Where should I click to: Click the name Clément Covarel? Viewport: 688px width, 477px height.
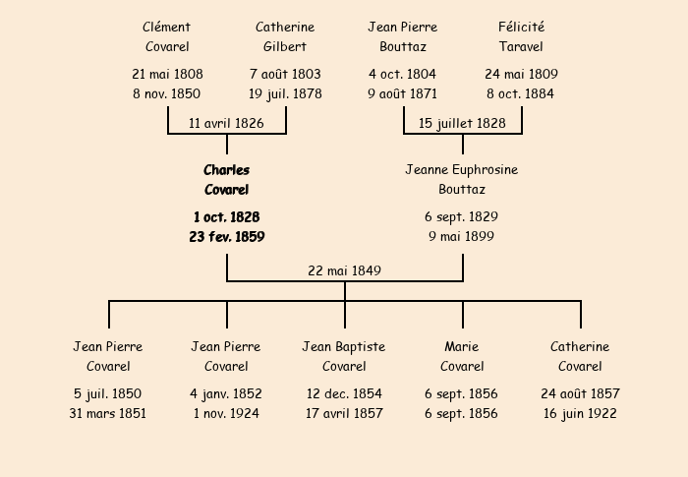tap(167, 37)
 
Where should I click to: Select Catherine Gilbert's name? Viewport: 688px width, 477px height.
tap(285, 37)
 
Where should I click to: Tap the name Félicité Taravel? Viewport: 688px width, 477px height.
tap(521, 37)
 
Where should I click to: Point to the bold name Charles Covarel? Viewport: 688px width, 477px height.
tap(226, 180)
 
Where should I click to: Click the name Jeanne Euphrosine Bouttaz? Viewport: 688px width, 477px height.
tap(462, 180)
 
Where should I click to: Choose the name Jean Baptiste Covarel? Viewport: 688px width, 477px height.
tap(344, 356)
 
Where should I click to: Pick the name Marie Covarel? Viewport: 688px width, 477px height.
tap(462, 356)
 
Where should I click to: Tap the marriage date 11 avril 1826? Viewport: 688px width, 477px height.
tap(226, 123)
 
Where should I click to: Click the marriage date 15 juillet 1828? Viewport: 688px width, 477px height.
tap(462, 123)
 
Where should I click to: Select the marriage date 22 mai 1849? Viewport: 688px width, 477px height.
tap(344, 270)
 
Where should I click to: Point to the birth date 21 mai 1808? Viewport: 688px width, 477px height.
tap(167, 74)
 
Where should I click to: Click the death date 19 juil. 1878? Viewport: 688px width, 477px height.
tap(285, 93)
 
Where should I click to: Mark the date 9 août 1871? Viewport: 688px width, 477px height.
tap(402, 93)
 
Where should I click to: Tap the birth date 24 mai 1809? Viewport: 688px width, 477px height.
tap(521, 74)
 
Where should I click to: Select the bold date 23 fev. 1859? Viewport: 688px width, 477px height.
tap(227, 237)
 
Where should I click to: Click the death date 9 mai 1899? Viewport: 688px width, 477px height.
tap(461, 236)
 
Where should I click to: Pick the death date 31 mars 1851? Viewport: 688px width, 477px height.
tap(107, 413)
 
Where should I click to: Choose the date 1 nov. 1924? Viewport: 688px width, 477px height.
tap(226, 413)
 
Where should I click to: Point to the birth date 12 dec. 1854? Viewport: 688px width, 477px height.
tap(344, 393)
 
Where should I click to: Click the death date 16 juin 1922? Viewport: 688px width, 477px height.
tap(580, 413)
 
